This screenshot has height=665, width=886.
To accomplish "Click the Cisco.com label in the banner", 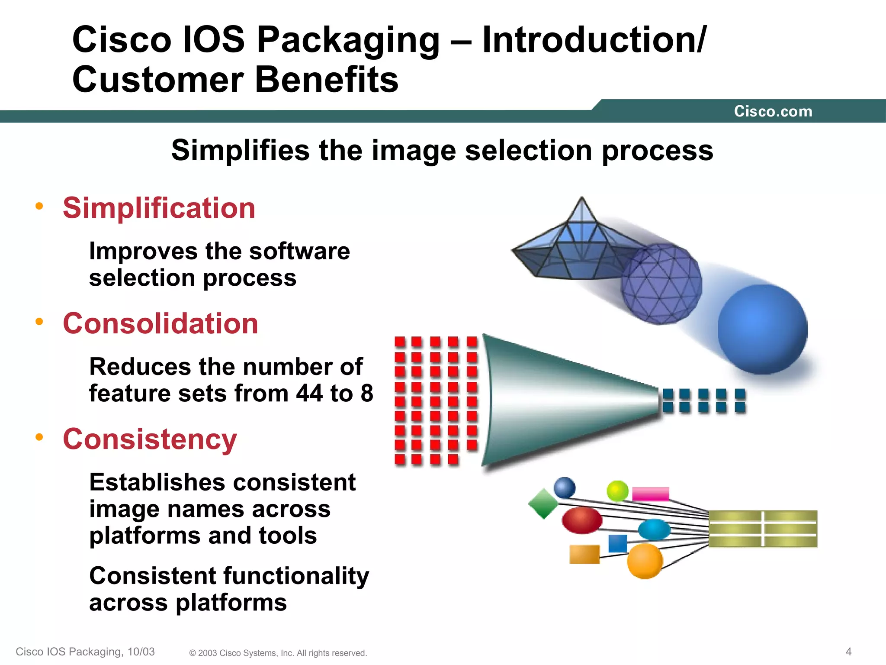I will [x=773, y=111].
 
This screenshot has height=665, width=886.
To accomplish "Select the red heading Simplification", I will [x=159, y=208].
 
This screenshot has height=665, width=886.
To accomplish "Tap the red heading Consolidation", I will [x=160, y=323].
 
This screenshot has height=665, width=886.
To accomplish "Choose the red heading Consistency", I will [x=150, y=439].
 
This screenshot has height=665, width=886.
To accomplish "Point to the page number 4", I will [x=848, y=652].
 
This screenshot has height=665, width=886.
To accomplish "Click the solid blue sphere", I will [x=762, y=329].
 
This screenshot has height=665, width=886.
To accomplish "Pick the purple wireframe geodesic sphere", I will [x=661, y=284].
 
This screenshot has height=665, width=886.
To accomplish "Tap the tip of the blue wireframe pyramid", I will [x=581, y=198].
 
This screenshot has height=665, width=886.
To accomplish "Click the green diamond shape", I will [x=543, y=504].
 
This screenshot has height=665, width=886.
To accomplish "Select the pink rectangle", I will [x=650, y=494].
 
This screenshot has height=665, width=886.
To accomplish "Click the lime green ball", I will [x=617, y=491].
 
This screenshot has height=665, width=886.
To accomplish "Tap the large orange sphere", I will [x=645, y=561].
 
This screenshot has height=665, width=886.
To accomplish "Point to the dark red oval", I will [x=582, y=520].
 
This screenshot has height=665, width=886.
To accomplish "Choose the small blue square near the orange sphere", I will [x=617, y=543].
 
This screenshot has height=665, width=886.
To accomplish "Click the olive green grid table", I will [x=763, y=529].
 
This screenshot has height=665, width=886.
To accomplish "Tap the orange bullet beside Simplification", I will [x=39, y=206].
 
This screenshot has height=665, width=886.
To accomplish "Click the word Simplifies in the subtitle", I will [x=241, y=150].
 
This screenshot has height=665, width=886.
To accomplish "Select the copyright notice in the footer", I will [x=278, y=653].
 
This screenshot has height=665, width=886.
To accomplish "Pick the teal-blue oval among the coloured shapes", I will [x=654, y=529].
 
